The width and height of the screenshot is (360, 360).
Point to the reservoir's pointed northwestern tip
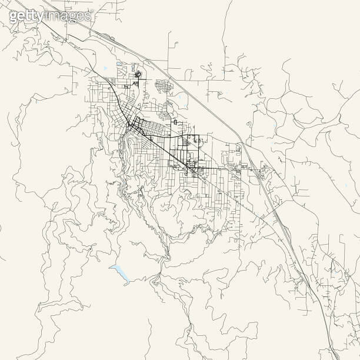tap(109, 266)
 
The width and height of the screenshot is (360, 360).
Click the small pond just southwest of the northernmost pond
tap(105, 69)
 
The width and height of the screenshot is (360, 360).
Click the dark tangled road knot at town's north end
tap(138, 75)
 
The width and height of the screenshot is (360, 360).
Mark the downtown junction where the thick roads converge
tap(132, 124)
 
